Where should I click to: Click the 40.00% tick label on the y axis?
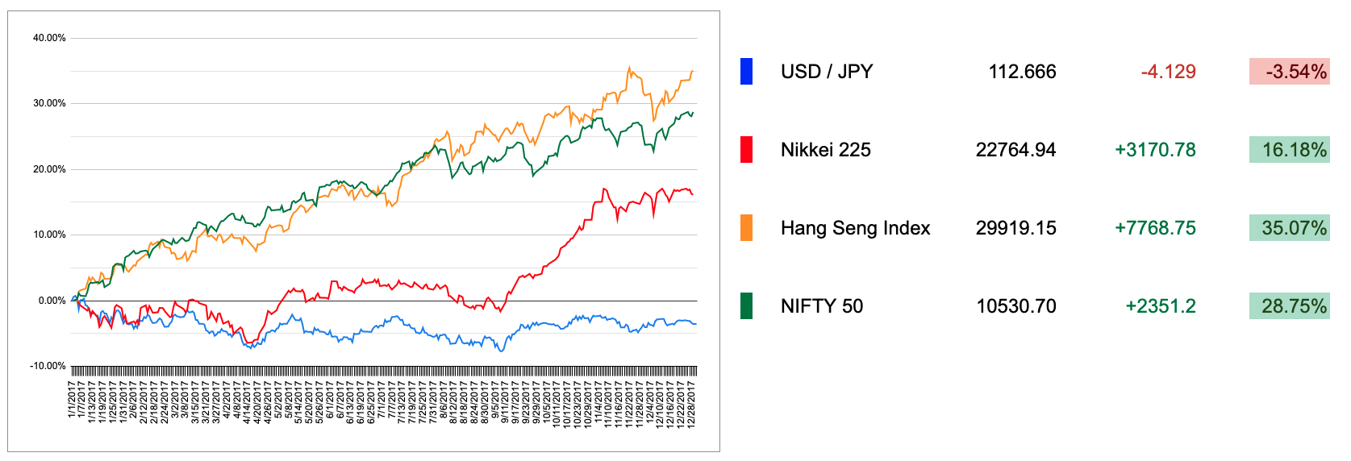(x=49, y=38)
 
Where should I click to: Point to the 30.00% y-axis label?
(x=49, y=103)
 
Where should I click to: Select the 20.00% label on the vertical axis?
(x=49, y=169)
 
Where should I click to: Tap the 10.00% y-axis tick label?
(x=49, y=235)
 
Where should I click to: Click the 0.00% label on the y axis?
(x=52, y=301)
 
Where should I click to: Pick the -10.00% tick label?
(x=48, y=366)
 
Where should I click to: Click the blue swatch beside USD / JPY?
(x=746, y=72)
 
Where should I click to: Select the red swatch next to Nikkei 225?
(x=746, y=150)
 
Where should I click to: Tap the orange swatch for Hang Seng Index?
(x=746, y=228)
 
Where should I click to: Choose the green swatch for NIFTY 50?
(x=746, y=306)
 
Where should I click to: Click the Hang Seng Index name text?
(x=855, y=228)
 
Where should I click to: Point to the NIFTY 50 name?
(x=821, y=306)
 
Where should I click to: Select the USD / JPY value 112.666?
(x=1022, y=72)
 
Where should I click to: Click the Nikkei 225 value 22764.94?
(x=1015, y=150)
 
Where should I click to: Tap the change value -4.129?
(x=1168, y=72)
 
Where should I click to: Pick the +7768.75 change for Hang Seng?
(x=1155, y=228)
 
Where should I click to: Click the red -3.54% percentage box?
(x=1289, y=72)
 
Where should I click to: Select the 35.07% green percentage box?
(x=1289, y=228)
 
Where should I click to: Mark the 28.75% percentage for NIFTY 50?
(x=1289, y=306)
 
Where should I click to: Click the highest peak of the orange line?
(x=629, y=68)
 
